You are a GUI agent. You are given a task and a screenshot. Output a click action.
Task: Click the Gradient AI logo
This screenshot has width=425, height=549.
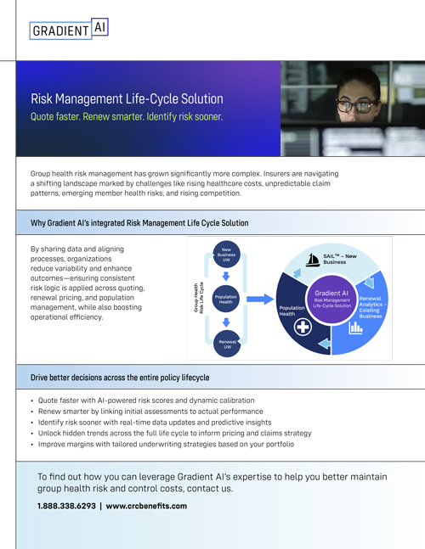point(69,29)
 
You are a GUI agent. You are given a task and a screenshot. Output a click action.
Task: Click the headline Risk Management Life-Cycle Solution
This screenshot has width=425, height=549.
point(127,99)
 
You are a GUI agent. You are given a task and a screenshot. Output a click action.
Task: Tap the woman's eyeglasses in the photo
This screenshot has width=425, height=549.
point(357,106)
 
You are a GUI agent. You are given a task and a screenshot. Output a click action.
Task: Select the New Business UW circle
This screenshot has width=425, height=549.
point(227,255)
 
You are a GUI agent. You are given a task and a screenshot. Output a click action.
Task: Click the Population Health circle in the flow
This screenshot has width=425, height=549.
point(226,299)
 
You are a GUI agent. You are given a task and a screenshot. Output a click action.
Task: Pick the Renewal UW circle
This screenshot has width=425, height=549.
point(227,344)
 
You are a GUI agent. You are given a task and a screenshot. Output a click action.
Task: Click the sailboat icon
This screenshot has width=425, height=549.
point(312,260)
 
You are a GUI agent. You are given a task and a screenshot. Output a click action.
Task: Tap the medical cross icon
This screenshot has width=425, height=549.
point(303,328)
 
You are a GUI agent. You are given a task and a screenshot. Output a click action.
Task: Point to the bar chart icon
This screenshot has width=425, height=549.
point(355,328)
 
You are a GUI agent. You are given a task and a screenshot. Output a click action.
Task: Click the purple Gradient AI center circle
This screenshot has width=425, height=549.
point(331,300)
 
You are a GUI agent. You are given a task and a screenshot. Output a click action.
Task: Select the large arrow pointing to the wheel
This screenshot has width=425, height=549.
point(260,299)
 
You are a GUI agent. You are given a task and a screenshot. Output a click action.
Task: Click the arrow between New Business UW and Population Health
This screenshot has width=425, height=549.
point(226,277)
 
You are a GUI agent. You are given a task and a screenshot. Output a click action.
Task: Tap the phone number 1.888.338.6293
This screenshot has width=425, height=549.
point(66,506)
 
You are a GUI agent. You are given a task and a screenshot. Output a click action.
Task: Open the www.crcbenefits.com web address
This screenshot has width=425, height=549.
point(146,506)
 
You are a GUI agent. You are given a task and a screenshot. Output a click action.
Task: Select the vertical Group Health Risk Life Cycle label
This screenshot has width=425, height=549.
point(199,298)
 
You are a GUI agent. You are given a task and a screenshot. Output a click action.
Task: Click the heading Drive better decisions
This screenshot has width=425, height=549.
point(120,378)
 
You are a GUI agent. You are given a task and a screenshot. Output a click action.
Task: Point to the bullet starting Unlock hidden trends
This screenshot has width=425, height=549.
point(174,433)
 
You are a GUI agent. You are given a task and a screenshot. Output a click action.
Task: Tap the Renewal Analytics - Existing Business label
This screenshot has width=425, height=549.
point(372,307)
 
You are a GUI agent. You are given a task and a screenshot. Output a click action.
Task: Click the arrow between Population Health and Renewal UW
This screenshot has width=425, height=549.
point(226,322)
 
